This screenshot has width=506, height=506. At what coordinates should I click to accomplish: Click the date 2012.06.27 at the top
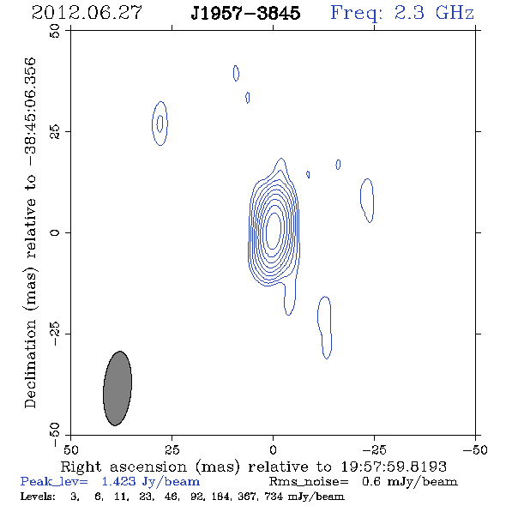(x=87, y=13)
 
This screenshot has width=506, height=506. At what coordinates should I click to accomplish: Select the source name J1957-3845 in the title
(x=245, y=13)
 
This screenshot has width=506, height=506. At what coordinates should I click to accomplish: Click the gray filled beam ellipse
(x=117, y=389)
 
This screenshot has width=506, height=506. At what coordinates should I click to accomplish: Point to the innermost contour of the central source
(x=267, y=232)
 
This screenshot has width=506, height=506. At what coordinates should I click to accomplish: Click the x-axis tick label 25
(x=172, y=449)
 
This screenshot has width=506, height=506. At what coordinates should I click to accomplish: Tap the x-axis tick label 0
(x=273, y=449)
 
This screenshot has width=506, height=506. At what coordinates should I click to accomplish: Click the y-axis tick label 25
(x=55, y=132)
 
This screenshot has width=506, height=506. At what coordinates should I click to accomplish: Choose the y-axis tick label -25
(x=55, y=334)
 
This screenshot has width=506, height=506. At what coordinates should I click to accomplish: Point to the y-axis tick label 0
(x=55, y=232)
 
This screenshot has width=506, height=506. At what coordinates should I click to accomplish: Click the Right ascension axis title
(x=254, y=467)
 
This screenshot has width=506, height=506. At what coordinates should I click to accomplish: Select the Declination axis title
(x=30, y=232)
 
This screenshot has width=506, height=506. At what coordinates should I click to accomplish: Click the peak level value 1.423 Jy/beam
(x=150, y=482)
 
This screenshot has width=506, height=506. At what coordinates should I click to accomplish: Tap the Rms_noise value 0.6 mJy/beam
(x=409, y=482)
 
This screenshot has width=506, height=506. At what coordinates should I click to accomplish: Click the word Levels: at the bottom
(x=38, y=496)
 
